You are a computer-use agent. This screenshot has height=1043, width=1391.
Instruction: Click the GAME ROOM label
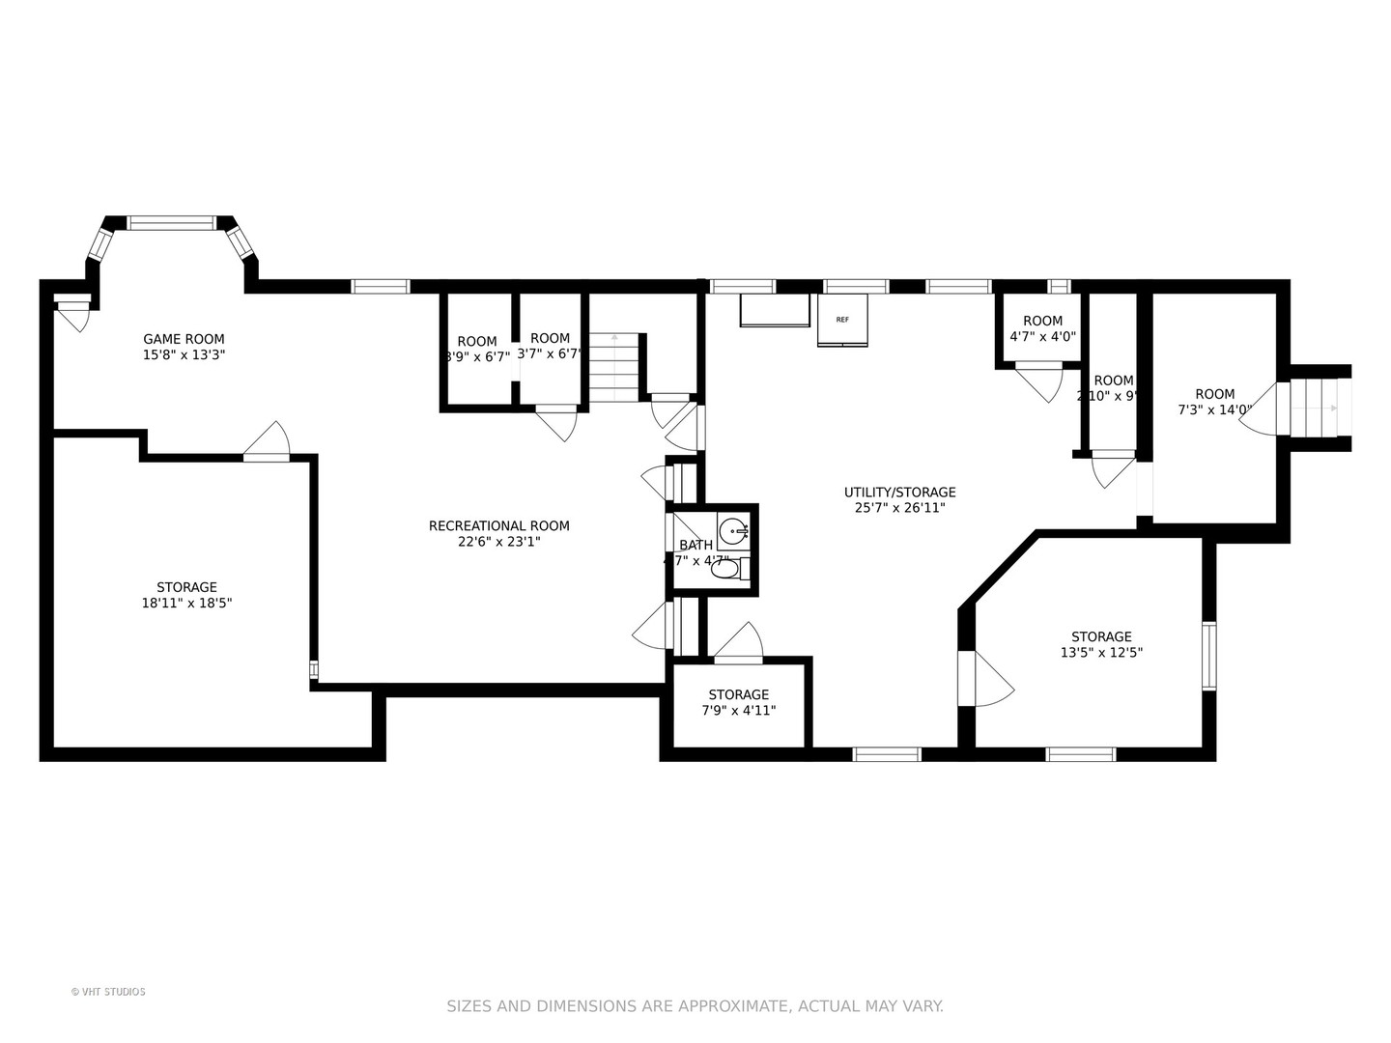[x=184, y=339]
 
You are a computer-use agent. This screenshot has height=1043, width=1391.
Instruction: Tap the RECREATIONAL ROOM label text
[x=498, y=526]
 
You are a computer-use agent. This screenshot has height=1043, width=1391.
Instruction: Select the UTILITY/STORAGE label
[x=899, y=493]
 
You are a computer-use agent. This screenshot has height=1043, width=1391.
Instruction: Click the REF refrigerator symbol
[x=842, y=320]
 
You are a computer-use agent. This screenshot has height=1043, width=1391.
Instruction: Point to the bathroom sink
[x=735, y=530]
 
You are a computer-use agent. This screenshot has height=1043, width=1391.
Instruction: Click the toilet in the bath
[x=727, y=570]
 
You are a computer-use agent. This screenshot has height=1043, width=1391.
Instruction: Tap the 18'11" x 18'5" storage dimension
[x=186, y=604]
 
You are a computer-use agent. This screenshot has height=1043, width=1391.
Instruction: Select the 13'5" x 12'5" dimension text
[x=1101, y=653]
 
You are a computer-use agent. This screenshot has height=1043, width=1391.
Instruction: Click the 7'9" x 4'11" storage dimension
[x=739, y=711]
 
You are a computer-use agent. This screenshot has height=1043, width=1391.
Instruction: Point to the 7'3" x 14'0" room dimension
[x=1214, y=410]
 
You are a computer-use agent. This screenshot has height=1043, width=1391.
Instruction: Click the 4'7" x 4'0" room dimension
[x=1042, y=337]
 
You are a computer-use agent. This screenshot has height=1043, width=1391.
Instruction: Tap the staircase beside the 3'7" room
[x=615, y=367]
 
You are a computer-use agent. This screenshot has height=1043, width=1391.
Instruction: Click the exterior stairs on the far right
[x=1314, y=408]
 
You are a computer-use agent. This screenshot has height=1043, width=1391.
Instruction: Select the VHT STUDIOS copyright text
[x=108, y=992]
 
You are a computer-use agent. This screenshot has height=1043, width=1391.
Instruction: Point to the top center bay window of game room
[x=172, y=223]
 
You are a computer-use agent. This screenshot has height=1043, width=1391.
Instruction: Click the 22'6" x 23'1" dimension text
[x=498, y=543]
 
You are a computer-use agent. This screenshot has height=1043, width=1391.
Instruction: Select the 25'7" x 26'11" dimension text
[x=899, y=508]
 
